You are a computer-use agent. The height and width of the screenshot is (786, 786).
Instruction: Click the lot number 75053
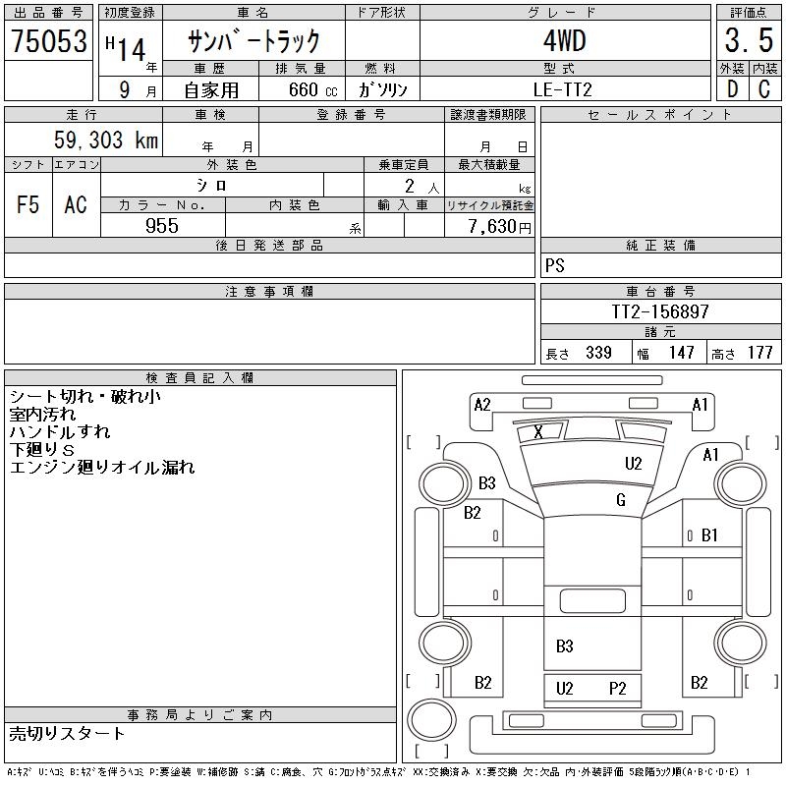tap(48, 41)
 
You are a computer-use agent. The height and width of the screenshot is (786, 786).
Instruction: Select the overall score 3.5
tap(748, 41)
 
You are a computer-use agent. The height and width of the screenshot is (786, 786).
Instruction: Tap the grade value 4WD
tap(564, 41)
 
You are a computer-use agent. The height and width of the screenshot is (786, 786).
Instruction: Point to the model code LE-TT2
tap(564, 88)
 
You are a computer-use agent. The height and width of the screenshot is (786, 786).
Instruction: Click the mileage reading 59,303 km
tap(106, 140)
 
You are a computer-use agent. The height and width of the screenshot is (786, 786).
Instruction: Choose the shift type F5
tap(28, 204)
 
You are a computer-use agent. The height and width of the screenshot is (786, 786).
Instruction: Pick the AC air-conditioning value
tap(76, 204)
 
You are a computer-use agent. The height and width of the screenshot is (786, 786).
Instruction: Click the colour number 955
tap(162, 226)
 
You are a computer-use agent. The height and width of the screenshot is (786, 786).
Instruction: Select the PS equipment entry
tap(555, 266)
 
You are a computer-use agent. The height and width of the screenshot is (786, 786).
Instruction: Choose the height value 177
tap(759, 353)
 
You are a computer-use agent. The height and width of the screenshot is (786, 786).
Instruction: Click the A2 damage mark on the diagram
tap(481, 405)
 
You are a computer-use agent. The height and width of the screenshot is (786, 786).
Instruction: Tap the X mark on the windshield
tap(537, 432)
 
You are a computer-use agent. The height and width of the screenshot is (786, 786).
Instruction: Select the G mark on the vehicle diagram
tap(620, 500)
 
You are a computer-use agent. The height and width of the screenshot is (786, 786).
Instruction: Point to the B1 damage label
tap(709, 535)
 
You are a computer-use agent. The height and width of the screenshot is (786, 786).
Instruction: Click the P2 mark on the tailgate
tap(617, 689)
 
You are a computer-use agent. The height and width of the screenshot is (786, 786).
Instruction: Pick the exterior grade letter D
tap(731, 88)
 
